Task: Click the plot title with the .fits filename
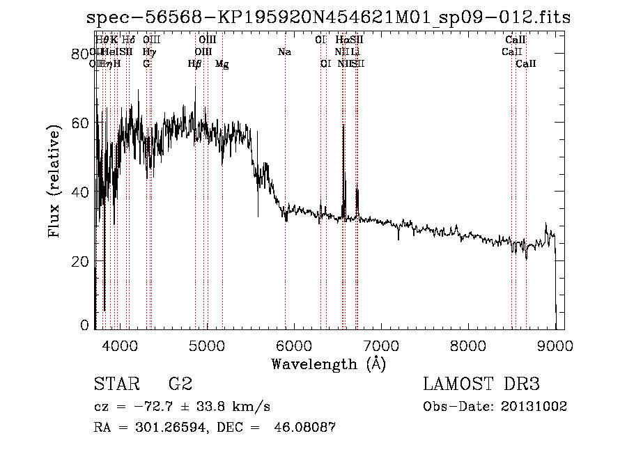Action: [328, 18]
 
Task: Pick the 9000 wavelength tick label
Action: [555, 345]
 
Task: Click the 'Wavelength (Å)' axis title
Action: [327, 364]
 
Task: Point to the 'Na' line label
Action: [284, 52]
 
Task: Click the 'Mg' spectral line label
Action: [222, 64]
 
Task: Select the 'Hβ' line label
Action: [195, 64]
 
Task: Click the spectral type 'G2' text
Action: [180, 384]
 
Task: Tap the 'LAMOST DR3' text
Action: [481, 384]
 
